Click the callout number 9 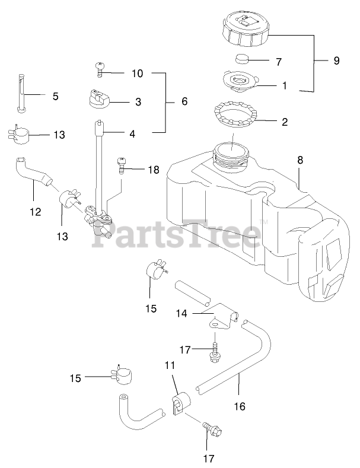pyautogui.click(x=337, y=61)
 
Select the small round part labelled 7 pyautogui.click(x=242, y=59)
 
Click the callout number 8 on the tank pyautogui.click(x=300, y=160)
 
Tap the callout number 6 pyautogui.click(x=184, y=101)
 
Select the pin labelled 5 pyautogui.click(x=21, y=93)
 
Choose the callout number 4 pyautogui.click(x=132, y=134)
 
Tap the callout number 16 pyautogui.click(x=239, y=407)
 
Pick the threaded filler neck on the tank pyautogui.click(x=231, y=153)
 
